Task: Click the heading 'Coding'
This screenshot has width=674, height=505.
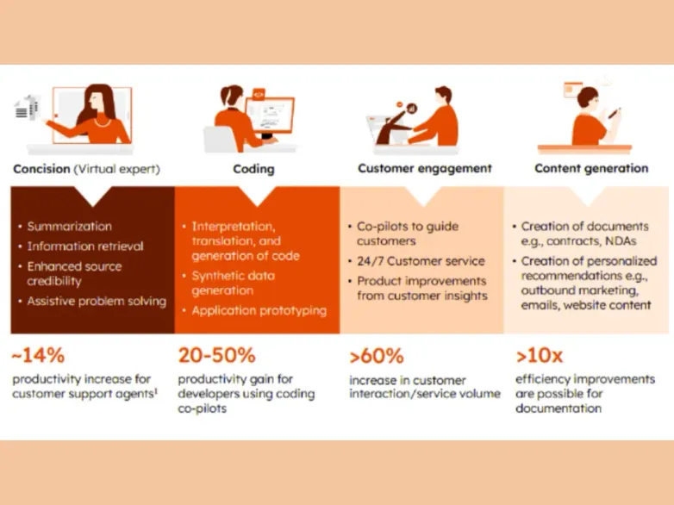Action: pos(253,169)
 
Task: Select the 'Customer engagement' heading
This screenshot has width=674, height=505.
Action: pos(425,168)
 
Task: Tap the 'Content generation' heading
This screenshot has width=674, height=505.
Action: pos(591,168)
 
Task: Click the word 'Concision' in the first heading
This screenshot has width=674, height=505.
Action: pos(41,169)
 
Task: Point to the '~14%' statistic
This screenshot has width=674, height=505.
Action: pos(38,355)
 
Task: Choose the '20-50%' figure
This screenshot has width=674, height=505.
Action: pos(216,355)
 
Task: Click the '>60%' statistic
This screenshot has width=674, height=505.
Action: pos(377,356)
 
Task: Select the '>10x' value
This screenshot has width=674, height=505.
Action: pos(539,356)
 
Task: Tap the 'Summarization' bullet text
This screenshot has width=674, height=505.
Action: pos(69,227)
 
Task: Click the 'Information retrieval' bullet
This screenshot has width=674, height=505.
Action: pos(85,246)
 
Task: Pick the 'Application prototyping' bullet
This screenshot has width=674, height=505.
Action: pos(259,311)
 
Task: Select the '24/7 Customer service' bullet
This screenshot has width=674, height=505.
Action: pos(421,261)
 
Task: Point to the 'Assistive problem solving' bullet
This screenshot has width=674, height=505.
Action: pos(97,302)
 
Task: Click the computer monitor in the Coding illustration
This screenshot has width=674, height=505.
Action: pos(270,115)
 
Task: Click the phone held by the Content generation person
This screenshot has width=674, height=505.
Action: pos(615,113)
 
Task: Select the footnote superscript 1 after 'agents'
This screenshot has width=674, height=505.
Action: pos(156,391)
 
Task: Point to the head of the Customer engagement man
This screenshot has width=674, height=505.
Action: pos(444,96)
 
